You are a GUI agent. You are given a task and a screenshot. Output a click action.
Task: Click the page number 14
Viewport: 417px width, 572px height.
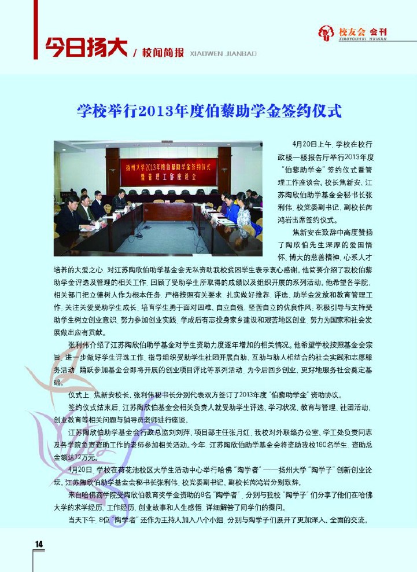pyautogui.click(x=39, y=543)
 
